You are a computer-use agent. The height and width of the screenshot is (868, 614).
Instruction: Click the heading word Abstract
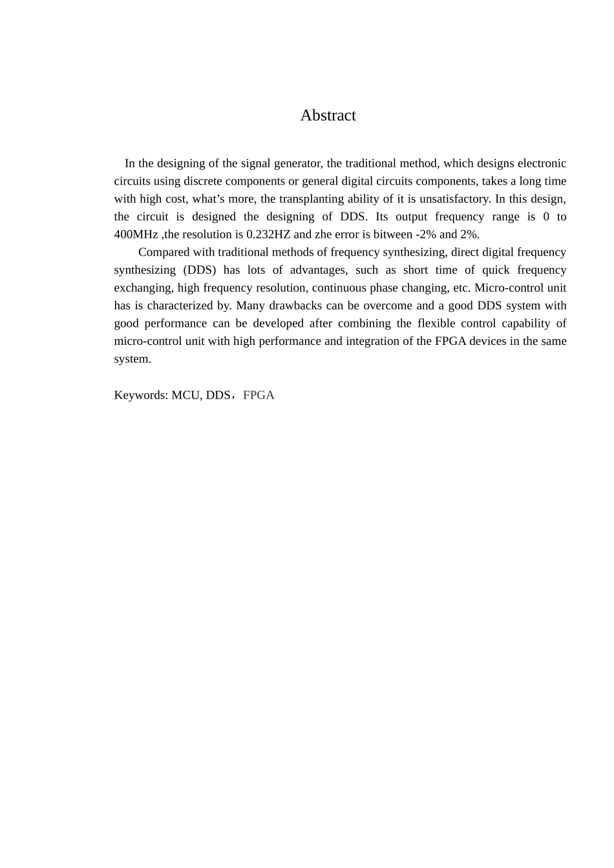coord(328,116)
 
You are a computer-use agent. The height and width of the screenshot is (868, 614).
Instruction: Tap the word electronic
coord(542,163)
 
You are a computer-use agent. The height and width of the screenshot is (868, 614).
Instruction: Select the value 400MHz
coord(136,234)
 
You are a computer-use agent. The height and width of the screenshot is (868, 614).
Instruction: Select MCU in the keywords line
coord(186,395)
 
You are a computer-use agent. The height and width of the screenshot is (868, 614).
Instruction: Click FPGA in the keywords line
coord(259,395)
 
